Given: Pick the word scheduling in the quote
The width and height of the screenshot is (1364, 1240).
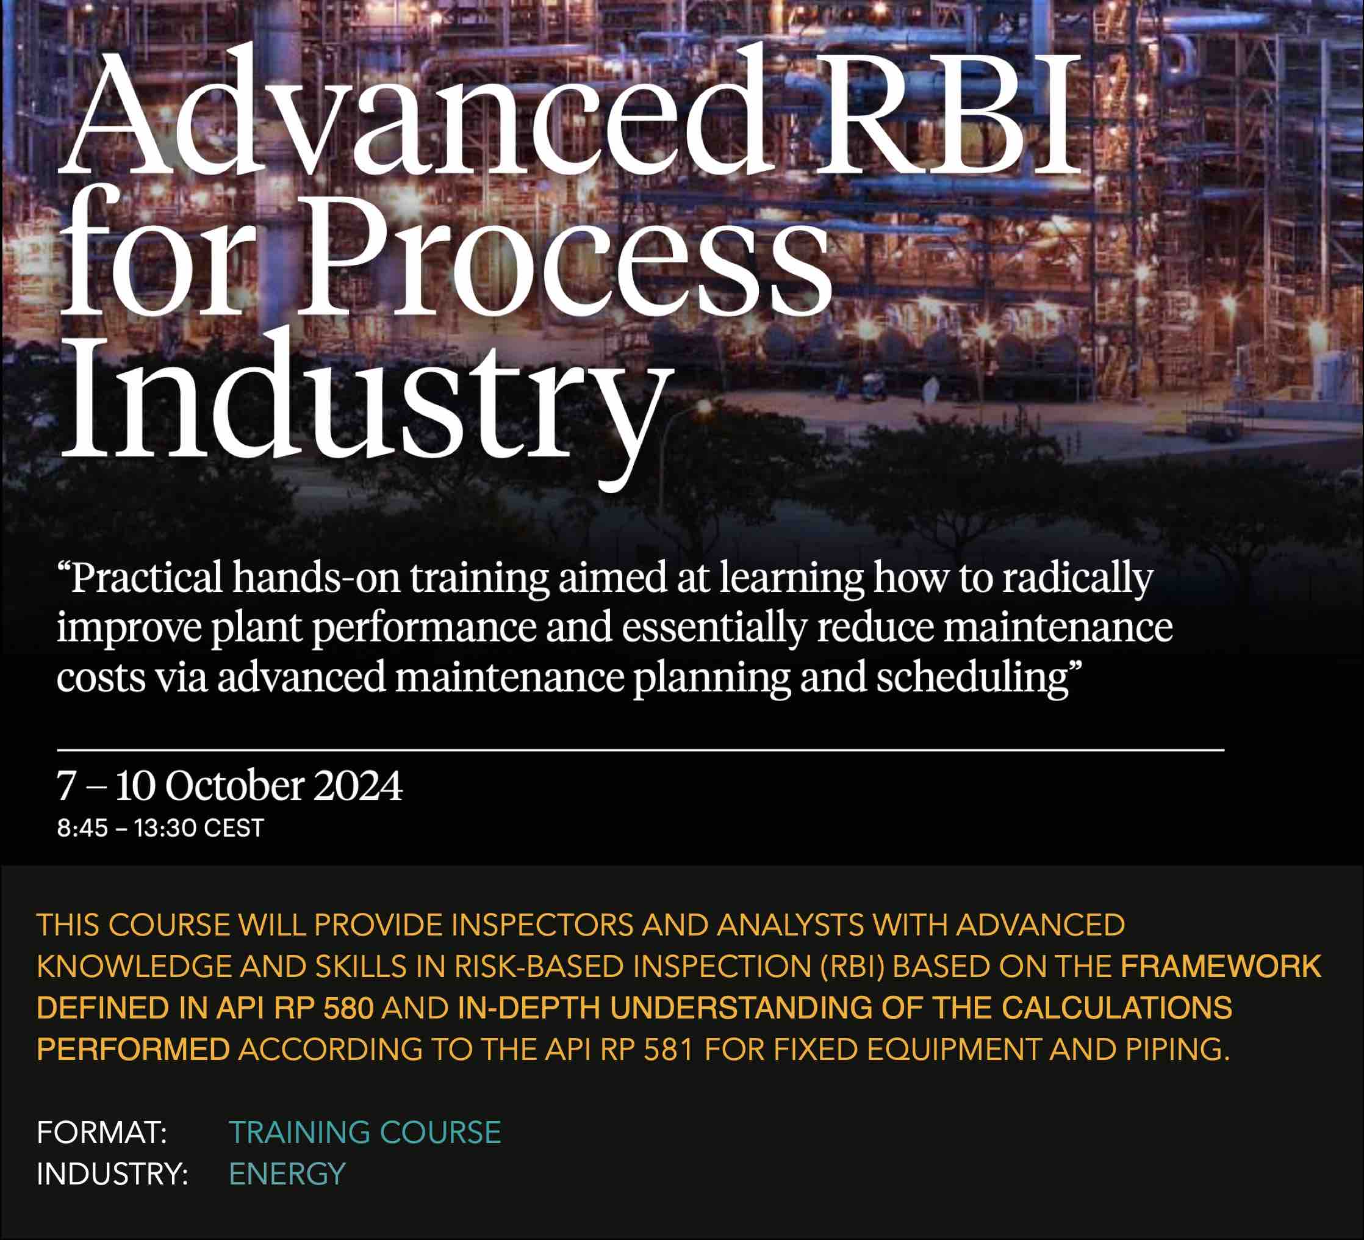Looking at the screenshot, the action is point(974,678).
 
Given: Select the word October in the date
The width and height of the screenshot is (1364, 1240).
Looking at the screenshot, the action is point(235,786).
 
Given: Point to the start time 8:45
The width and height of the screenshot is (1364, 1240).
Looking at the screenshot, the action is point(82,829).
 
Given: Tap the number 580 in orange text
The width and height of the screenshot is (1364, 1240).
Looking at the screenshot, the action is point(348,1008).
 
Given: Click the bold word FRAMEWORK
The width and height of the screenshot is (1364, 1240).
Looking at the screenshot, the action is point(1221,967).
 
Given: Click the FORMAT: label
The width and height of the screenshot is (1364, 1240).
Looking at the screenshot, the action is point(101,1133).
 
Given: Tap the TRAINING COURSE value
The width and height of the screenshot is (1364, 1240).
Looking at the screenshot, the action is point(365,1133).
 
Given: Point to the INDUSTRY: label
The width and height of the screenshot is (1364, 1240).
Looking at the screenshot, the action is point(112,1174).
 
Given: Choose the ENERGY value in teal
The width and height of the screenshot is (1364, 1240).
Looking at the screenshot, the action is point(287,1174).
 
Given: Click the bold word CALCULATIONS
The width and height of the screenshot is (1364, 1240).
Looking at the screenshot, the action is point(1116,1008).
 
